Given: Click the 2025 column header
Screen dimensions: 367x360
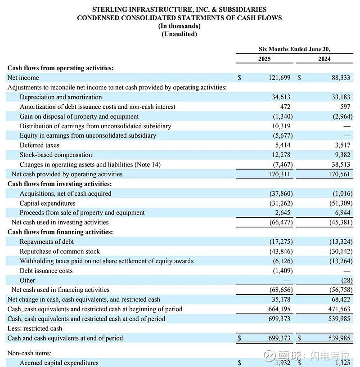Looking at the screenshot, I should click(x=265, y=59).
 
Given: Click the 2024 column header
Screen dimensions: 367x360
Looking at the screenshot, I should click(x=324, y=59).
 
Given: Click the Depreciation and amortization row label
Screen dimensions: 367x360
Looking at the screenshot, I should click(x=61, y=97).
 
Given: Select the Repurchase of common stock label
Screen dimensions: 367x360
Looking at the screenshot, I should click(x=60, y=251).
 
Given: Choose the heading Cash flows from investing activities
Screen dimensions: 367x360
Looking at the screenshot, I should click(x=59, y=184).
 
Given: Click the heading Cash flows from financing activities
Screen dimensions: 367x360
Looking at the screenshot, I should click(x=60, y=232).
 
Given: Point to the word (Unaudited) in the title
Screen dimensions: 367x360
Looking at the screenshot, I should click(x=179, y=34).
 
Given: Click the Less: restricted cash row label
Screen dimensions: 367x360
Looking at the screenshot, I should click(x=35, y=328).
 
